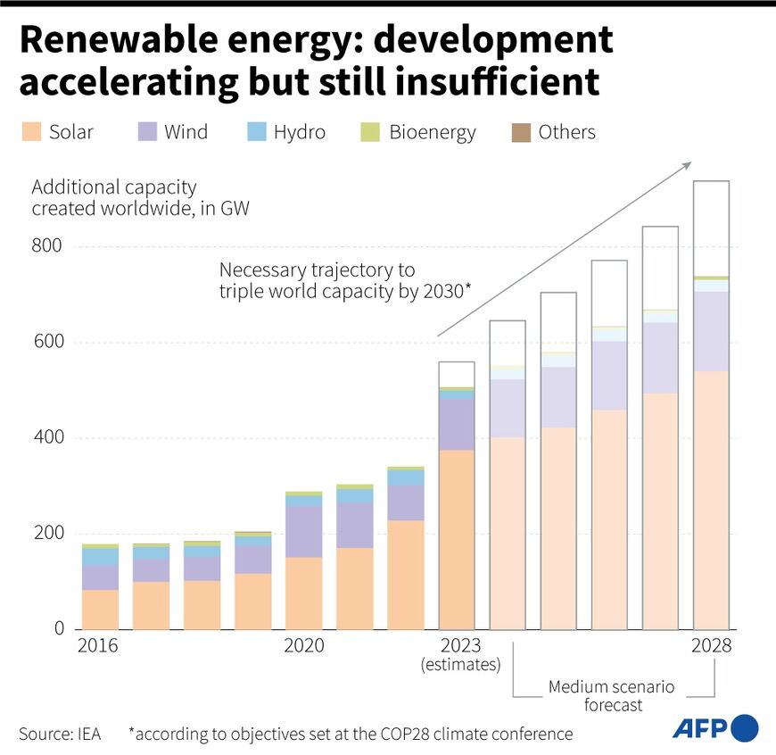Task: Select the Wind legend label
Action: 186,133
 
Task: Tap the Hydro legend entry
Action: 299,133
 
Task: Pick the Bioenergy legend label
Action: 432,133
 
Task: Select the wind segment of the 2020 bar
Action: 303,532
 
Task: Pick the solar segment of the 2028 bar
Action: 711,500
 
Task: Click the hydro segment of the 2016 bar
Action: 100,557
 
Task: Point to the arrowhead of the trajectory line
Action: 688,164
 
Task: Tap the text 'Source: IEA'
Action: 60,734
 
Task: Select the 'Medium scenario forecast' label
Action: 611,695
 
